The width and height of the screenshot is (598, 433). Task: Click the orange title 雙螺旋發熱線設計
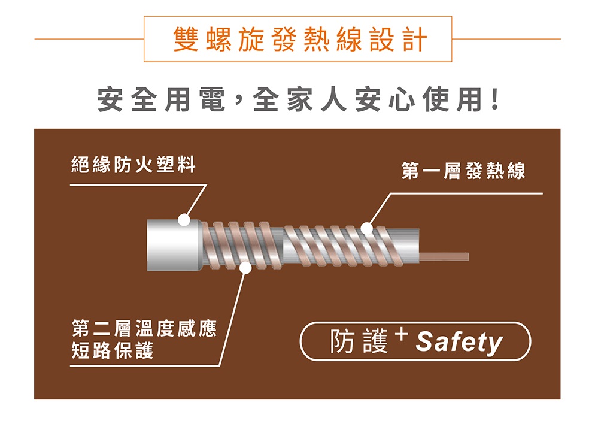pyautogui.click(x=300, y=39)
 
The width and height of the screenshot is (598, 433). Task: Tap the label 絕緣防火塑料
pyautogui.click(x=133, y=165)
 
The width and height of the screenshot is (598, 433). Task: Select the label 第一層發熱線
pyautogui.click(x=463, y=171)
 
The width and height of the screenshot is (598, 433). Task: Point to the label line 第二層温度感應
pyautogui.click(x=144, y=328)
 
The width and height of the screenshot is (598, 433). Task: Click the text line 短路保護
pyautogui.click(x=113, y=350)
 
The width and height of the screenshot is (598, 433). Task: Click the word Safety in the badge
pyautogui.click(x=459, y=342)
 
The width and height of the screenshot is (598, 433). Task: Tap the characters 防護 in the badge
pyautogui.click(x=359, y=341)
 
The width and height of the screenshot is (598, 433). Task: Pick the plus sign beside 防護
pyautogui.click(x=402, y=335)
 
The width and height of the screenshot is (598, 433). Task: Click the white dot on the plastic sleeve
pyautogui.click(x=184, y=220)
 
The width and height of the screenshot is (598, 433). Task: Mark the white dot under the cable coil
pyautogui.click(x=246, y=268)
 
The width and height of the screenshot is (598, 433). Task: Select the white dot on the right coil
pyautogui.click(x=366, y=228)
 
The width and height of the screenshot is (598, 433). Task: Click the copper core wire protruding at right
pyautogui.click(x=444, y=256)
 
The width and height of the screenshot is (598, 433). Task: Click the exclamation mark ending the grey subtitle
pyautogui.click(x=495, y=100)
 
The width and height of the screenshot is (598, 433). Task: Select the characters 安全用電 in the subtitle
pyautogui.click(x=162, y=100)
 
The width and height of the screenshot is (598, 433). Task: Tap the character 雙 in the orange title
pyautogui.click(x=186, y=39)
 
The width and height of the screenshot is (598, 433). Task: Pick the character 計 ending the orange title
pyautogui.click(x=415, y=39)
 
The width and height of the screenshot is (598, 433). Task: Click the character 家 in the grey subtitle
pyautogui.click(x=299, y=100)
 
